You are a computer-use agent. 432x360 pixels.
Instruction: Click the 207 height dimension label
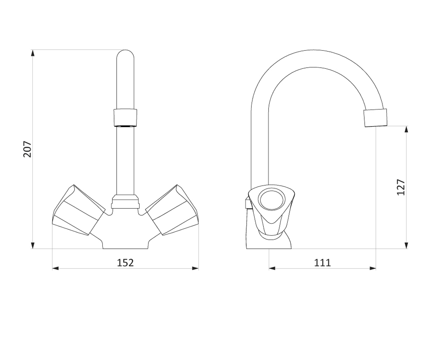(x=27, y=149)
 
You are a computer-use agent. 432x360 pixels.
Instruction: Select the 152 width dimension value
(x=125, y=263)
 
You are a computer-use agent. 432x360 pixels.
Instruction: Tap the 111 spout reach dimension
(x=323, y=263)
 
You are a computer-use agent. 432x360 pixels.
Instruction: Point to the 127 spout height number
(x=401, y=187)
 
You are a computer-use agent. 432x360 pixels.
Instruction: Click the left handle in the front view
(x=78, y=210)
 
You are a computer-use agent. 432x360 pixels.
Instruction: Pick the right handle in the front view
(x=172, y=210)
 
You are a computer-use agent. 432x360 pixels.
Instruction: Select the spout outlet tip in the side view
(x=375, y=118)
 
